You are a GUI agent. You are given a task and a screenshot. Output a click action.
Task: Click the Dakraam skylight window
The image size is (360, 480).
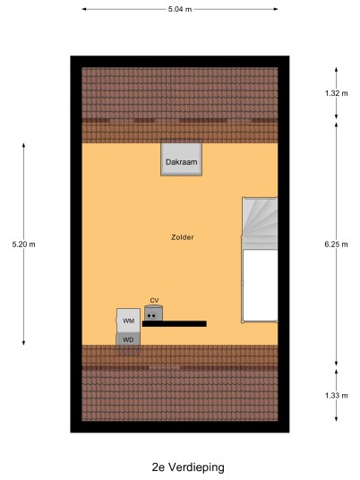click(181, 158)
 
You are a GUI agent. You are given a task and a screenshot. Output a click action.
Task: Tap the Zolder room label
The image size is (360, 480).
click(183, 237)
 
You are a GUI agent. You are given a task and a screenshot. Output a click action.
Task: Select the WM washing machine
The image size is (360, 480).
click(128, 321)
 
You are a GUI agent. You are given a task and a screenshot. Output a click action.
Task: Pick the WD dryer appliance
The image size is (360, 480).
click(128, 339)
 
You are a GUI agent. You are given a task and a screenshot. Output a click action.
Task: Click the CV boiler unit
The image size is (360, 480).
click(153, 313)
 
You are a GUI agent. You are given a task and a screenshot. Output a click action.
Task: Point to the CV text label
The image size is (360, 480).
click(154, 300)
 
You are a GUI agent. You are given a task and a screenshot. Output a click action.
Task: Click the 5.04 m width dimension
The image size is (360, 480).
click(180, 9)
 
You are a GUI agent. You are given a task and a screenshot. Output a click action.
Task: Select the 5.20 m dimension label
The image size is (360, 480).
click(23, 244)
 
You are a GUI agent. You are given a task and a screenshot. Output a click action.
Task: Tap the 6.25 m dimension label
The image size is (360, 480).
click(336, 244)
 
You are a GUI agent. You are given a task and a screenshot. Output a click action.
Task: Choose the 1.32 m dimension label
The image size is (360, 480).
click(336, 93)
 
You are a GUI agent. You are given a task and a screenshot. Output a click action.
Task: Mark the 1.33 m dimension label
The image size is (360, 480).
click(336, 395)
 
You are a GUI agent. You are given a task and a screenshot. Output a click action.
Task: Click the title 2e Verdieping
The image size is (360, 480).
click(188, 467)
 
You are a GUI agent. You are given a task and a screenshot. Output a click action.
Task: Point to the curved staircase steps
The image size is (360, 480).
click(260, 223)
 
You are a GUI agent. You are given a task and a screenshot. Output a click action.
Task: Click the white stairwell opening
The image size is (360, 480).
click(261, 285)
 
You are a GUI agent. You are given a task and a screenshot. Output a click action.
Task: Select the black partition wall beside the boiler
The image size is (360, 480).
click(175, 324)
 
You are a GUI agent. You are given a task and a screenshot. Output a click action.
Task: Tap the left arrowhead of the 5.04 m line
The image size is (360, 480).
click(83, 9)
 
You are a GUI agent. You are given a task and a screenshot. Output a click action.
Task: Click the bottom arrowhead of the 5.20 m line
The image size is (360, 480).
click(23, 343)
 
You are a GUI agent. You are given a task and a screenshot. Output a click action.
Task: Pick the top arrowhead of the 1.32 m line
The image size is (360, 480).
click(336, 70)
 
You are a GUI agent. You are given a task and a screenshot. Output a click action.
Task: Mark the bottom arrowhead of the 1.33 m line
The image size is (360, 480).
click(336, 419)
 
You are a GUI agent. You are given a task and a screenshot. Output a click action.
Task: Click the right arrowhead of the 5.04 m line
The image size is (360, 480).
click(276, 9)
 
